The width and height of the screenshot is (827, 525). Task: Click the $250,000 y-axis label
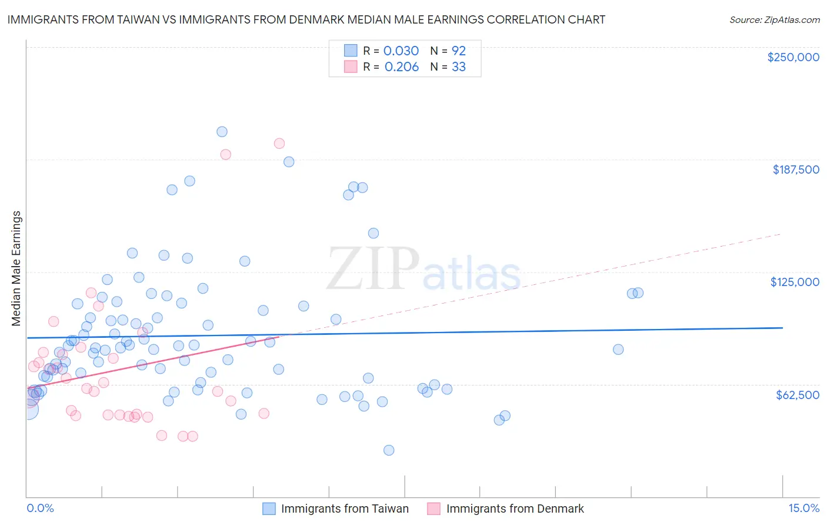click(793, 57)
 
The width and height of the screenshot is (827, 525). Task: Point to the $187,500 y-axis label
click(795, 170)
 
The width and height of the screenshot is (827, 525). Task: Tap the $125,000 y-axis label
click(795, 282)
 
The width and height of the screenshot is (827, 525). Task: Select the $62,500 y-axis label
click(798, 395)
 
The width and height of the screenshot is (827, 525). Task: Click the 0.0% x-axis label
click(40, 508)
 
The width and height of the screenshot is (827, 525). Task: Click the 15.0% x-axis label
click(803, 508)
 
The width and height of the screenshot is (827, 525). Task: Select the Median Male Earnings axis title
click(16, 268)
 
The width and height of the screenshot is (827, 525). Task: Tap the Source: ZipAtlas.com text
click(774, 19)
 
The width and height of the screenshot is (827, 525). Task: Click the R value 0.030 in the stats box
click(401, 51)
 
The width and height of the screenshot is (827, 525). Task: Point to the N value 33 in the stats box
click(458, 67)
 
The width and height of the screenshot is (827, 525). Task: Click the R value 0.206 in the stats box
click(401, 67)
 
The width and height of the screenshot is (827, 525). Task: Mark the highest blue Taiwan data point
click(222, 132)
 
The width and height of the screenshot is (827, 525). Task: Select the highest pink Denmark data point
click(279, 143)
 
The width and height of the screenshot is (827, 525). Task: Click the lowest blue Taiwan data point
click(389, 450)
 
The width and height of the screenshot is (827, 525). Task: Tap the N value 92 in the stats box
click(458, 51)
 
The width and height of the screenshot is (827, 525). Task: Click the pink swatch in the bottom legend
click(433, 509)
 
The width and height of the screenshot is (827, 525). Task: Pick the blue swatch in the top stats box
click(351, 51)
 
